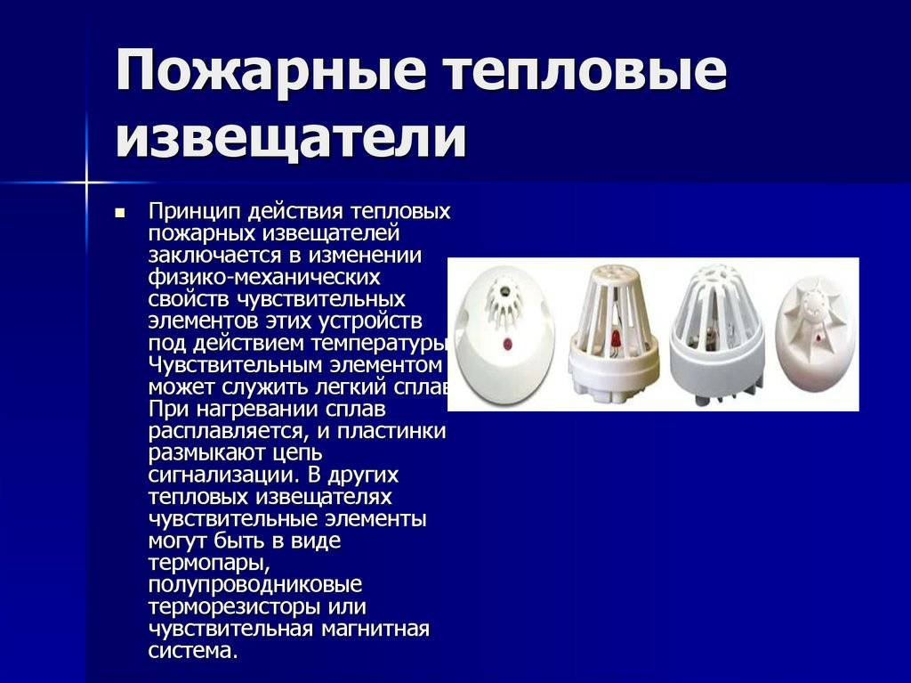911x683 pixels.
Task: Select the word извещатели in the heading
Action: [x=291, y=137]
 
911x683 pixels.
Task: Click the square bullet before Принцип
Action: [x=120, y=213]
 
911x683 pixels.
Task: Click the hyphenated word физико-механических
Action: [x=263, y=277]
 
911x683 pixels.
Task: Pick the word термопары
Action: [x=208, y=564]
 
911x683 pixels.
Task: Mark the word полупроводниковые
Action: [x=255, y=585]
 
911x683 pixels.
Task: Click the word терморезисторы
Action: [x=234, y=607]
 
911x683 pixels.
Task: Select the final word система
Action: [x=193, y=651]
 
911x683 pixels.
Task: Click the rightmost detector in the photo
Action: [x=816, y=334]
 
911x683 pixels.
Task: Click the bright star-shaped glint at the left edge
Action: [x=86, y=183]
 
